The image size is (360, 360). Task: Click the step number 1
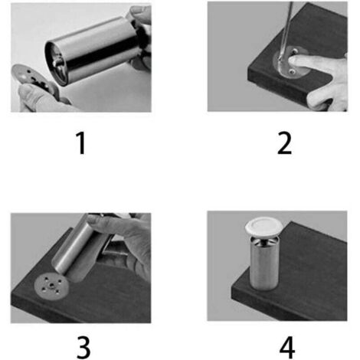coord(81,143)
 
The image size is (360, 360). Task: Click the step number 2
coord(284,143)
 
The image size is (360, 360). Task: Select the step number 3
coord(83,348)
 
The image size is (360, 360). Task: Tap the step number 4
coord(287,348)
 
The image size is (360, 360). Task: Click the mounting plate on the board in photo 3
coord(51,286)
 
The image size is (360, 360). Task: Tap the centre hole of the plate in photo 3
coord(52,285)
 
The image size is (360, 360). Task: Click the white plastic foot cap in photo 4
coord(264,226)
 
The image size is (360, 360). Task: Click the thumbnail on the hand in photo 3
coord(94,219)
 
